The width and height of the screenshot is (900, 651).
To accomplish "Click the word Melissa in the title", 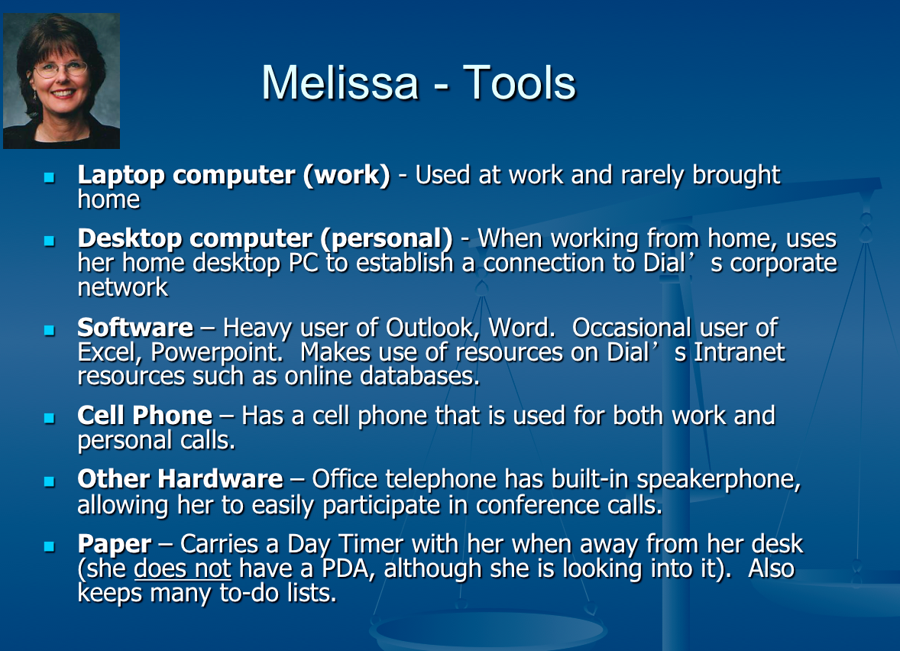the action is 340,83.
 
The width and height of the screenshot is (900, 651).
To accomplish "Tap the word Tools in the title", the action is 519,83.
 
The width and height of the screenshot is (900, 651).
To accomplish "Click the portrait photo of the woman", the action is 61,81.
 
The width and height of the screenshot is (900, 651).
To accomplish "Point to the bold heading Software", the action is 135,328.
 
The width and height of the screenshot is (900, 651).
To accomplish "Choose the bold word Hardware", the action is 220,479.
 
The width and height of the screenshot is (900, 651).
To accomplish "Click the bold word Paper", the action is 115,545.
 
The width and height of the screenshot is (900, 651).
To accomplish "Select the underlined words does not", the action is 183,569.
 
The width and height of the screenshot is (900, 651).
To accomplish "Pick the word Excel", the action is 109,352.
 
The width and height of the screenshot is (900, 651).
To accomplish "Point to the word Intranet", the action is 740,352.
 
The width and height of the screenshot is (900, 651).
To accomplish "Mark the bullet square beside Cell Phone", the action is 50,418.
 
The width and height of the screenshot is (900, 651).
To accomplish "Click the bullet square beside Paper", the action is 50,546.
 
